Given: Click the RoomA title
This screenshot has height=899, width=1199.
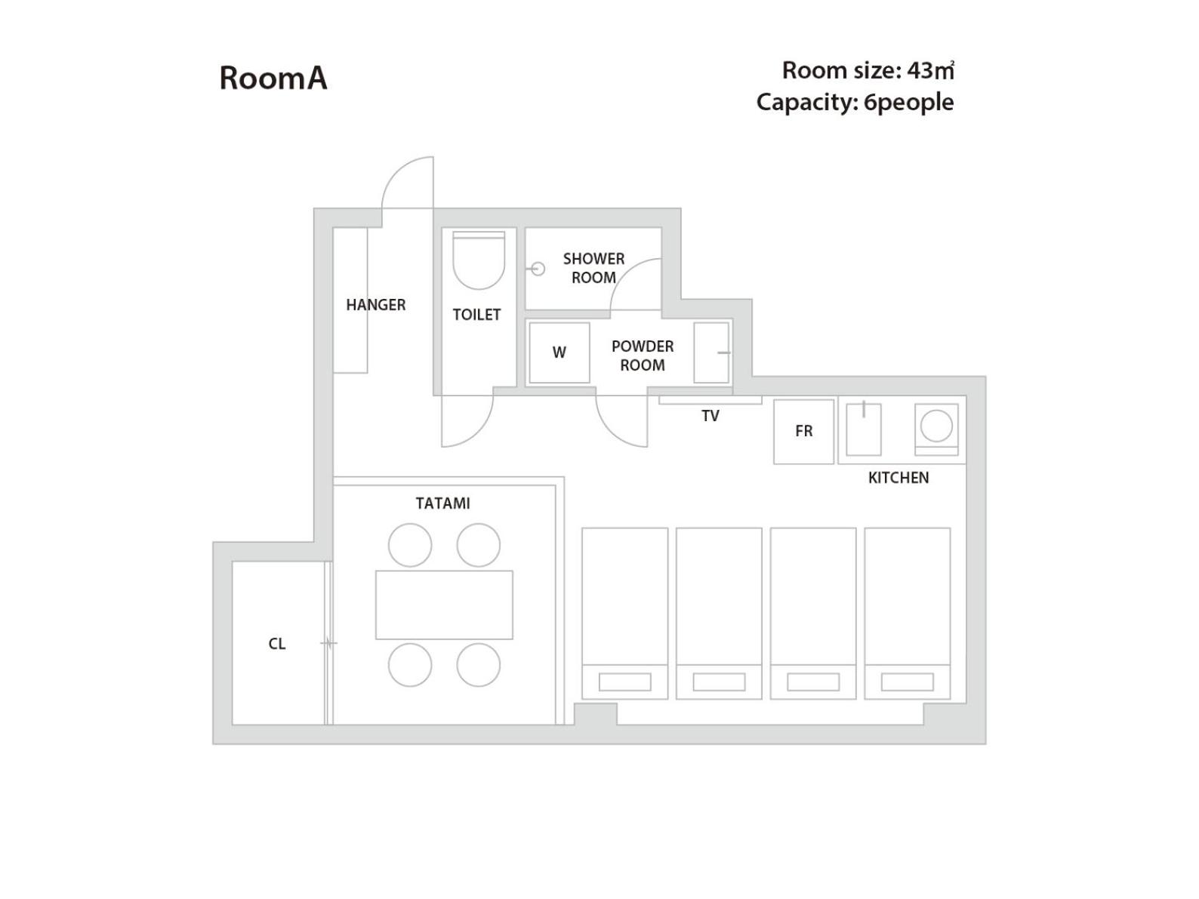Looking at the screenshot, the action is [x=273, y=78].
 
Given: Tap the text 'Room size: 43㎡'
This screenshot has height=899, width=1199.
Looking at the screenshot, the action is [x=868, y=70].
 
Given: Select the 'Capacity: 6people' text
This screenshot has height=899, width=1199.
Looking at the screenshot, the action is [x=855, y=103].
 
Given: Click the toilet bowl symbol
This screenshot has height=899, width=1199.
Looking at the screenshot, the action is [x=479, y=260].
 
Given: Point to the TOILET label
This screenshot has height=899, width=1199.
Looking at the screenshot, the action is [x=476, y=315].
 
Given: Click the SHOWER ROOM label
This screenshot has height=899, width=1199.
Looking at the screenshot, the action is [x=593, y=268].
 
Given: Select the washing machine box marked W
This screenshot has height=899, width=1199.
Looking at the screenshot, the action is [x=559, y=353].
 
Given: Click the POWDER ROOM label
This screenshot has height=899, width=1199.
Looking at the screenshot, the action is [x=643, y=356].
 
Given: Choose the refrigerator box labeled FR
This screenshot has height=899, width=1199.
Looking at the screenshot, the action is [x=803, y=431].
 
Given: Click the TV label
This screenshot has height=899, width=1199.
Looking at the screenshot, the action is [x=710, y=416].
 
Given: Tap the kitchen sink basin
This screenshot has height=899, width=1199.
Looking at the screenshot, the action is [x=864, y=429].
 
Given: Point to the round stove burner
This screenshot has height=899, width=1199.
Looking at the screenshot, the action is [x=936, y=426].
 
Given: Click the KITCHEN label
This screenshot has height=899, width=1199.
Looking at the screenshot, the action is [x=898, y=478].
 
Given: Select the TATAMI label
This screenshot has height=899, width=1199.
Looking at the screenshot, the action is [x=442, y=503].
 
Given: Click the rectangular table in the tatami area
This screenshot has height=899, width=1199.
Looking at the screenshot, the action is [x=444, y=605].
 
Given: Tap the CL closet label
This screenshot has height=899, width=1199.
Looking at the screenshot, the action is [x=277, y=644].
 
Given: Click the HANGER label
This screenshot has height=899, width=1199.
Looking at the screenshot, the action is [x=376, y=305].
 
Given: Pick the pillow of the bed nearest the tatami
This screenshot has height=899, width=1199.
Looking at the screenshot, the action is [x=625, y=682].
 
